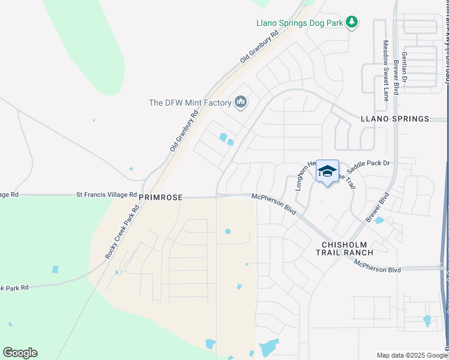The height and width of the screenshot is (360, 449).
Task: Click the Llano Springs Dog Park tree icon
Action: point(351,23)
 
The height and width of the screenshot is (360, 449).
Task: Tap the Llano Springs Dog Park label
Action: point(299,23)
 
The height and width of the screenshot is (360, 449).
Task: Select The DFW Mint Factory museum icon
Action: point(241,103)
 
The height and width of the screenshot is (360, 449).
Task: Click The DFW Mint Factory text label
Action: point(190,103)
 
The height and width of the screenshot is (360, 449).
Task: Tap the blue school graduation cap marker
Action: point(327,171)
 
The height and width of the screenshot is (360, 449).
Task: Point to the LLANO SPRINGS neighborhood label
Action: point(395,119)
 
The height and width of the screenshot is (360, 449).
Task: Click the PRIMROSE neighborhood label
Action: point(160,196)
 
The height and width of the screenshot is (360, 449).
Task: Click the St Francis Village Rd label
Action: point(106,194)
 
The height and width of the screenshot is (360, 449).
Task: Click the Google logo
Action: point(20,353)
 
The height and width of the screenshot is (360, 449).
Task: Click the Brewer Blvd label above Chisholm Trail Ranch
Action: point(377,207)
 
